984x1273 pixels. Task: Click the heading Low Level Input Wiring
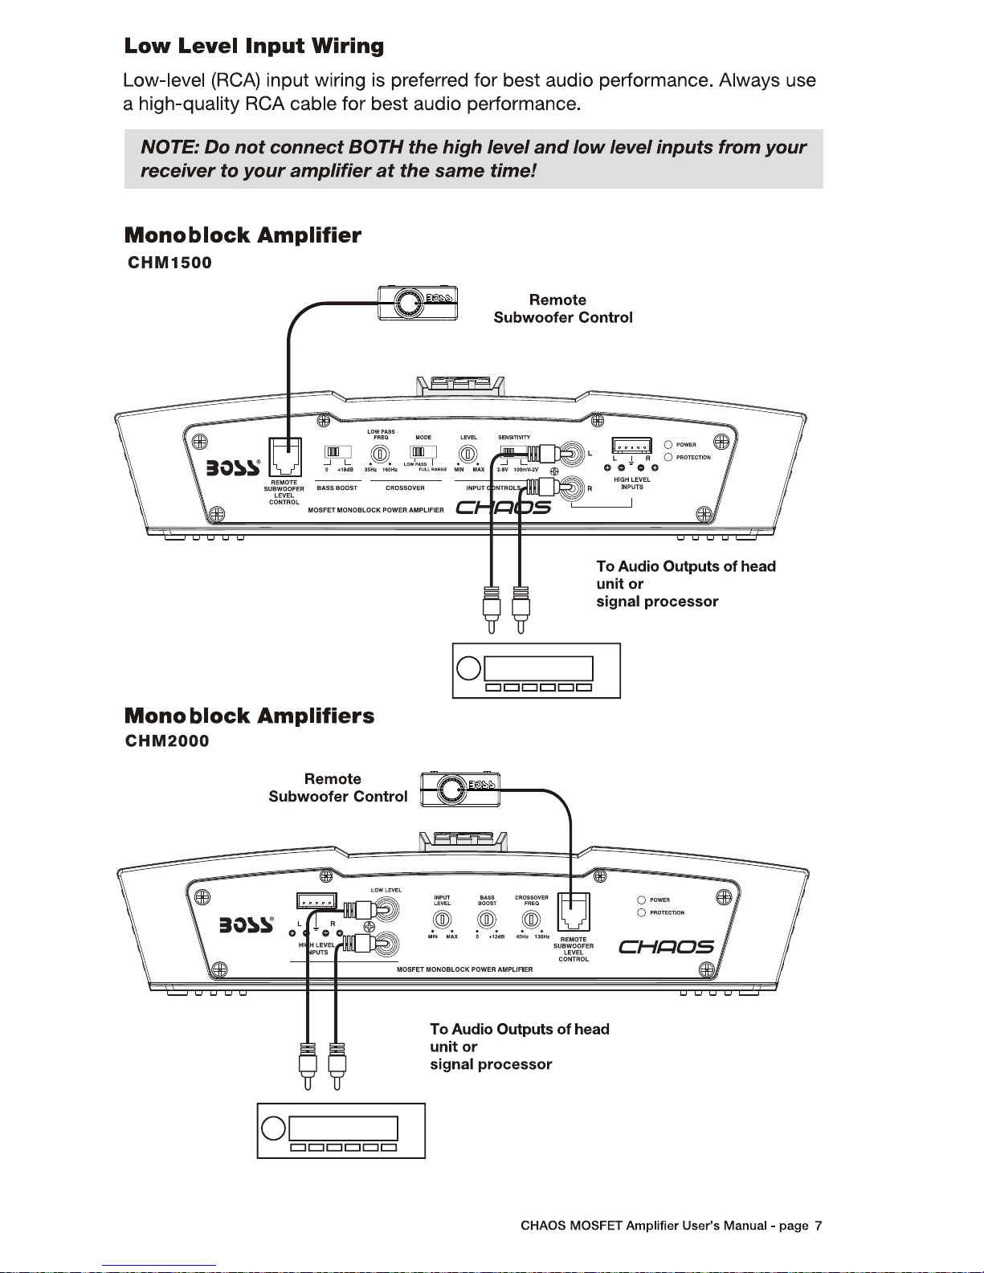point(254,47)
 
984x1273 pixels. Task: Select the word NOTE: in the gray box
point(169,148)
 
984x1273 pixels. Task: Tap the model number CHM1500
point(169,263)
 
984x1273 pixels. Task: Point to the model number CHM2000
point(167,741)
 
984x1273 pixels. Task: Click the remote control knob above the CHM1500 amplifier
point(408,303)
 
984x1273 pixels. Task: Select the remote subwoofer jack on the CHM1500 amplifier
point(284,458)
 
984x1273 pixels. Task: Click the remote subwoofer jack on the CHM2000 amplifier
point(573,913)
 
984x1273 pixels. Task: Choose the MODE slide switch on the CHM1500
point(423,453)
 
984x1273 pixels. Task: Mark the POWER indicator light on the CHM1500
point(668,444)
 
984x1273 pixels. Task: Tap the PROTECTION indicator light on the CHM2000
point(642,912)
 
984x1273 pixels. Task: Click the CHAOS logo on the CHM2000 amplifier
point(666,947)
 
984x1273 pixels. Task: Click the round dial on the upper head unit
point(468,668)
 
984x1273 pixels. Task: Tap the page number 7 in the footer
point(818,1226)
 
